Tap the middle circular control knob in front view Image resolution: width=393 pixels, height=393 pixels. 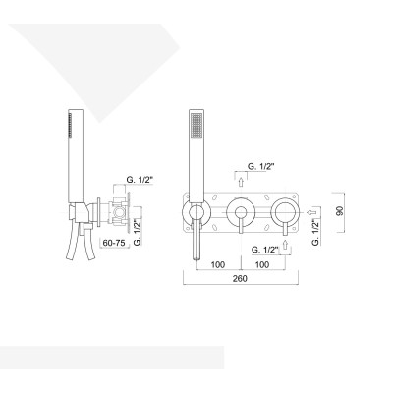pos(240,211)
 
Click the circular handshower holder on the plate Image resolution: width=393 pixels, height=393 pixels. pos(194,211)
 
